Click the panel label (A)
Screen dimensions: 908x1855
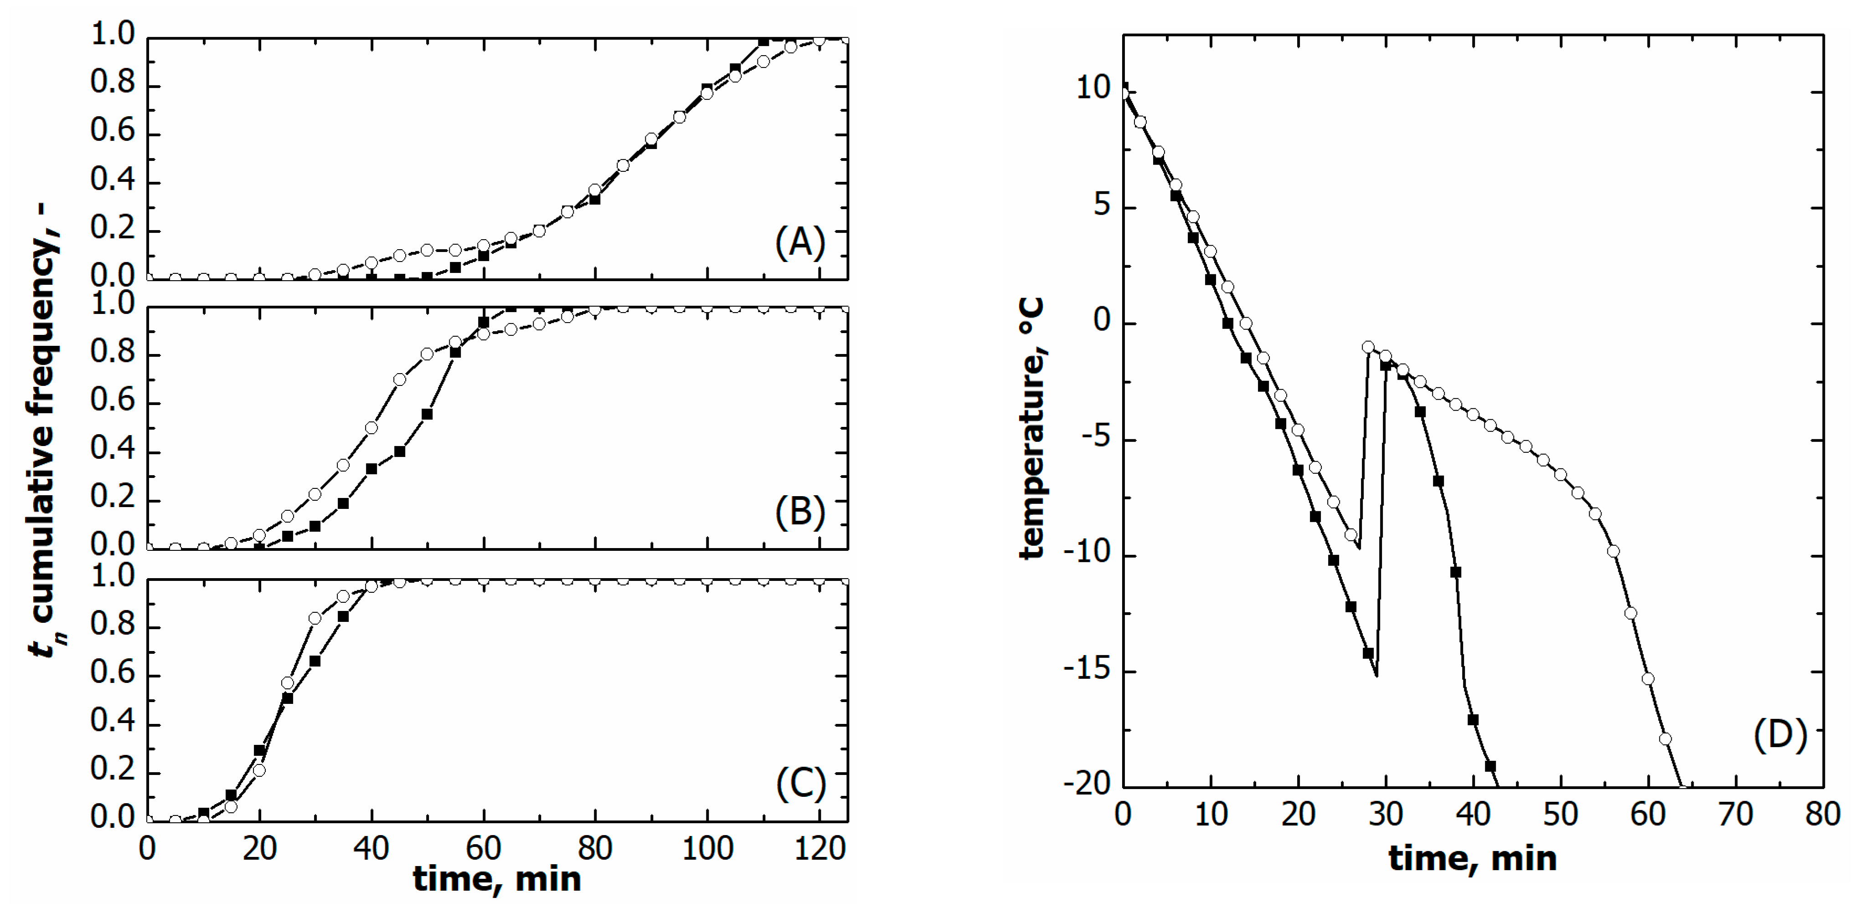(x=799, y=243)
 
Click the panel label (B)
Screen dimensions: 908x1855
(x=799, y=512)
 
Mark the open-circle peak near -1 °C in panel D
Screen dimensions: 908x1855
(x=1367, y=347)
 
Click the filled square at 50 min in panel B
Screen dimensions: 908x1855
(x=427, y=414)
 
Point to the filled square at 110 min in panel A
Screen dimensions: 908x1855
(x=763, y=42)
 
